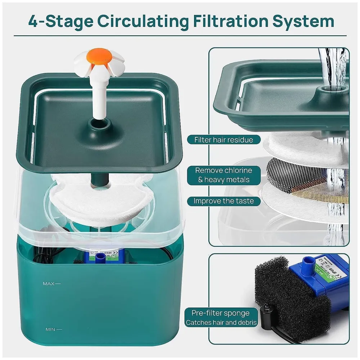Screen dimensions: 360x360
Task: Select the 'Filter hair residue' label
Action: click(224, 140)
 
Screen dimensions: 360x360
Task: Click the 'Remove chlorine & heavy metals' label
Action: click(224, 175)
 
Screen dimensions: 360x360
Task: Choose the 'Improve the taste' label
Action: click(224, 201)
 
